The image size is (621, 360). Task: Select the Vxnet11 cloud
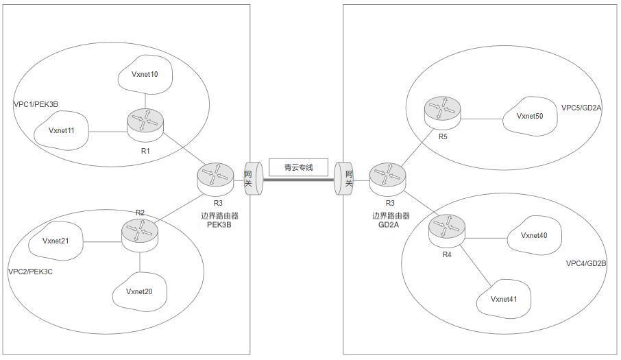[x=61, y=130]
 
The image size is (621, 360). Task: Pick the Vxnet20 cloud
[x=139, y=291]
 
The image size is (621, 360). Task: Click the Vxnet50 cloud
[x=529, y=116]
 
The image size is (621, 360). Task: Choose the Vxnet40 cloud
[x=533, y=236]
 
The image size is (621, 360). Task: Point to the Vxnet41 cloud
[x=504, y=298]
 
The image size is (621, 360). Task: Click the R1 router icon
[x=145, y=122]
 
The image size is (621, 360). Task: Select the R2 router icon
[x=140, y=232]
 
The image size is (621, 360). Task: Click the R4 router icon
[x=446, y=227]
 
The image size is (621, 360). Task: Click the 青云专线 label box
[x=298, y=167]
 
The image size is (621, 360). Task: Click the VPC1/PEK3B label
[x=36, y=104]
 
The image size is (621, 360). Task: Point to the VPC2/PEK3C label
[x=30, y=272]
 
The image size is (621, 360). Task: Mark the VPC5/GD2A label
[x=581, y=108]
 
